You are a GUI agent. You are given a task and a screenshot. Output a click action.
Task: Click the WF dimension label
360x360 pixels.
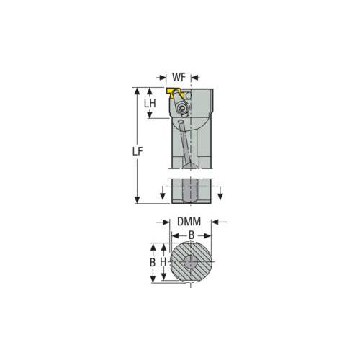179,78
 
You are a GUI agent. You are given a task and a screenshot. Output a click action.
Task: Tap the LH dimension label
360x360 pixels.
150,104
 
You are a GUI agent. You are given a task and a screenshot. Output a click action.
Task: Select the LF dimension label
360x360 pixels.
138,151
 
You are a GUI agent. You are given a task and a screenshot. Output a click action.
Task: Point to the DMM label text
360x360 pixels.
189,222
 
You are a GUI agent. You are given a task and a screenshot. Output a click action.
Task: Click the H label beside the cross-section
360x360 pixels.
163,262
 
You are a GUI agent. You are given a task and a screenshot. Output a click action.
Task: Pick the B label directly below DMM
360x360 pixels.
192,235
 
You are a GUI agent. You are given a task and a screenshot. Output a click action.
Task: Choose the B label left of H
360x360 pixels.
153,262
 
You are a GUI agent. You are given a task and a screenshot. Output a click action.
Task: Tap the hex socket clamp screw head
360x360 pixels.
181,109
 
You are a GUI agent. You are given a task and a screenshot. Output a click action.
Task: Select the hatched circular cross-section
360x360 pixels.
191,261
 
